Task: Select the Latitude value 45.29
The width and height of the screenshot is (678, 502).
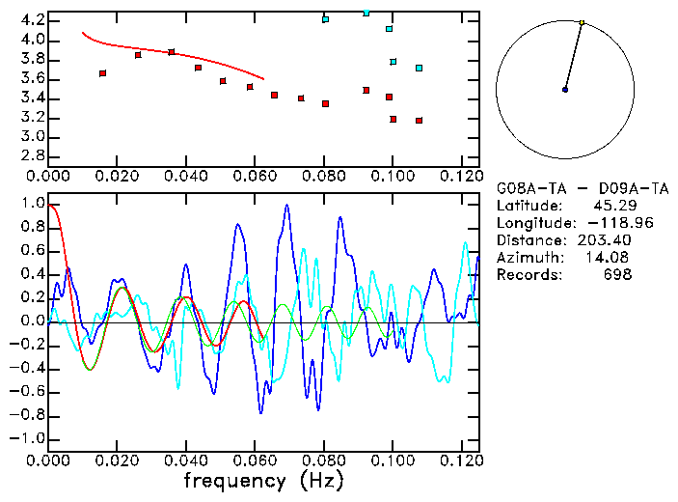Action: pyautogui.click(x=610, y=206)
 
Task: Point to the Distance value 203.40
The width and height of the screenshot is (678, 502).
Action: pyautogui.click(x=607, y=240)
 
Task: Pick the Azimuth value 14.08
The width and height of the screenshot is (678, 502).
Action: pyautogui.click(x=610, y=258)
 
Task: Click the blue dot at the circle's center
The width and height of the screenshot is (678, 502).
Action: pyautogui.click(x=565, y=90)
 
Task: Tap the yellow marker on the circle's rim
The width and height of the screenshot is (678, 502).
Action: pyautogui.click(x=582, y=22)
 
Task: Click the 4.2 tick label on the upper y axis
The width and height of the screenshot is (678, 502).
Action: pyautogui.click(x=33, y=20)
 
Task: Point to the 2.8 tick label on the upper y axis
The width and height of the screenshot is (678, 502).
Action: pyautogui.click(x=33, y=156)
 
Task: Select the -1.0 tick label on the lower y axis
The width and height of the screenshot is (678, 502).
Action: pyautogui.click(x=29, y=438)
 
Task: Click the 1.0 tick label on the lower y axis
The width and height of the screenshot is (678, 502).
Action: pyautogui.click(x=33, y=205)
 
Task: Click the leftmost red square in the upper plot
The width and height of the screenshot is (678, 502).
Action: pyautogui.click(x=102, y=73)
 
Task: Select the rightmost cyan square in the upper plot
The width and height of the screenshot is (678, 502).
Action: pyautogui.click(x=419, y=68)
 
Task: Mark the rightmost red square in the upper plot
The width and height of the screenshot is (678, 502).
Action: pyautogui.click(x=419, y=121)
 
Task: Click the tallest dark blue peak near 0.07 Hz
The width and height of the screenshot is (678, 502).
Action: pyautogui.click(x=286, y=206)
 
